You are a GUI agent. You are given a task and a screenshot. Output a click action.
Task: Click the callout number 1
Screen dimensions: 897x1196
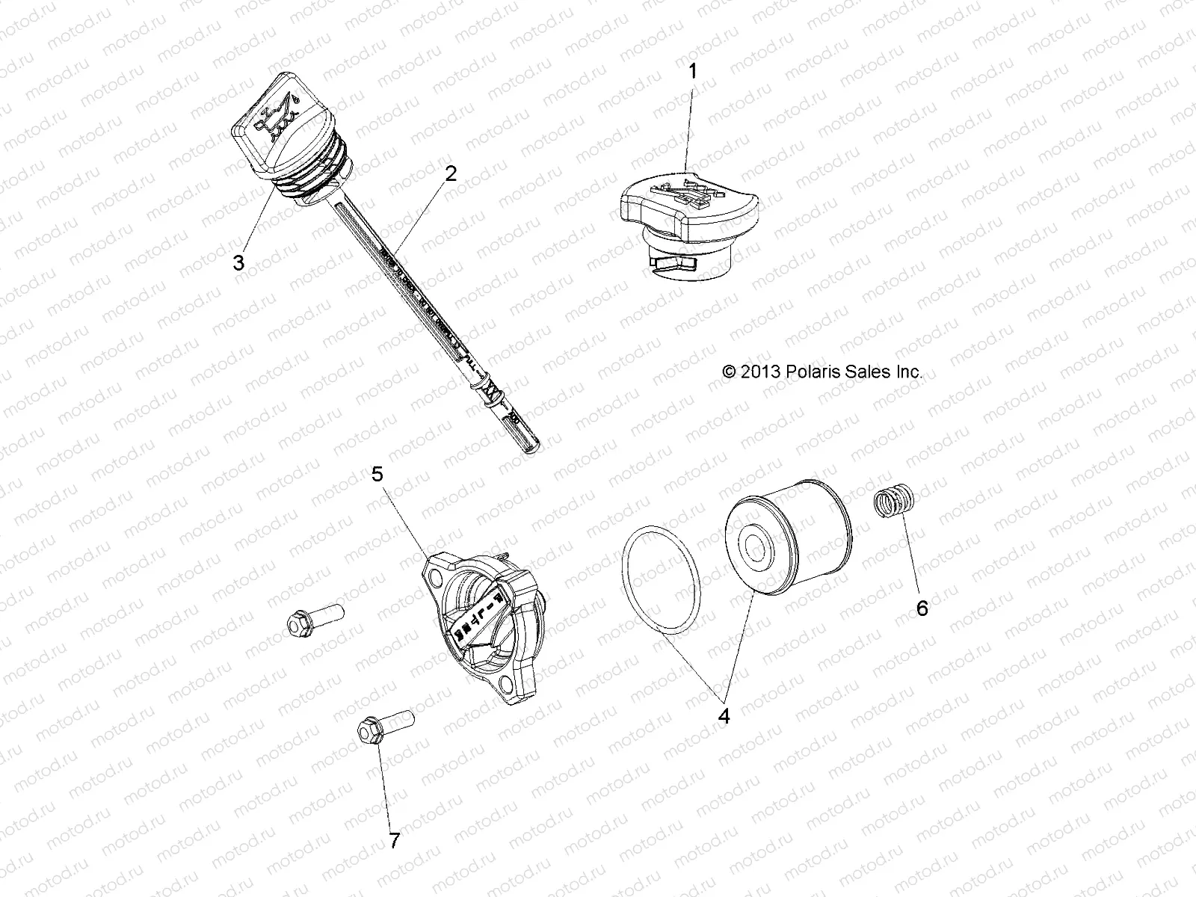(x=693, y=72)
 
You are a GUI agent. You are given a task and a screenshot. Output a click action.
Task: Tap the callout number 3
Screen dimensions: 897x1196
(x=238, y=262)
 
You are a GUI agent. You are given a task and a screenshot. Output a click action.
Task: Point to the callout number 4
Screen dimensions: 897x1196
(x=723, y=715)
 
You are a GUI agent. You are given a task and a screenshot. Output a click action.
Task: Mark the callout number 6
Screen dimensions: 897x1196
(x=922, y=608)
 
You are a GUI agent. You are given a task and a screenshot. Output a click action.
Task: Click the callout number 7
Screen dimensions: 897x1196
(x=394, y=841)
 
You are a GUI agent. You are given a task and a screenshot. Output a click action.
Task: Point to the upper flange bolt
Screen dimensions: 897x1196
(x=314, y=620)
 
